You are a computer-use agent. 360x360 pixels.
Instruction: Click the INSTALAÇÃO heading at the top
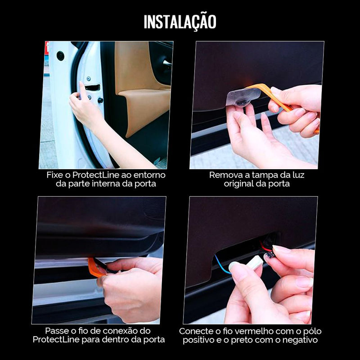180,22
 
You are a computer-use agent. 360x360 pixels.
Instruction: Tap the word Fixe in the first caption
54,175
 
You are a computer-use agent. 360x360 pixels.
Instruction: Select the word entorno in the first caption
148,175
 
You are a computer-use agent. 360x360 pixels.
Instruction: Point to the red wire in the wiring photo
265,247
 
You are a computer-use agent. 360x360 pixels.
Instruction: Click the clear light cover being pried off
243,96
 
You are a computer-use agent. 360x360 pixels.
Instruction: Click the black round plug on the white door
60,56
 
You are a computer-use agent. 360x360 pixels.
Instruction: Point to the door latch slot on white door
92,87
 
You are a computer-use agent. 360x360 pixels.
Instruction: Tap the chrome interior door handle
167,63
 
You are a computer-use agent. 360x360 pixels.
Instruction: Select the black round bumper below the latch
100,100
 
